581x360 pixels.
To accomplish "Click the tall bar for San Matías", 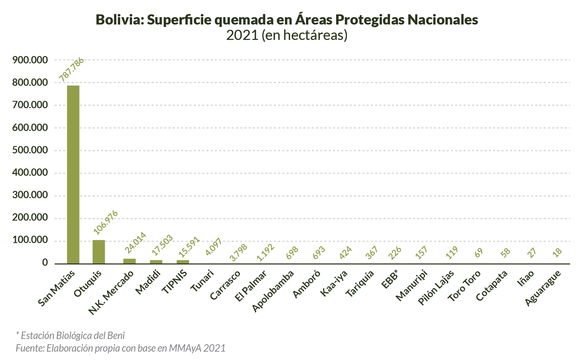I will click(73, 174).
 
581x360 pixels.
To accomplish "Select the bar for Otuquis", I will click(99, 252).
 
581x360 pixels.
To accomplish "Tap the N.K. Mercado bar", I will click(129, 261).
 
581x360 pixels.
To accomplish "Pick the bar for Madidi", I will click(156, 262).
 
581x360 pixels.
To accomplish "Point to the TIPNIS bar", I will click(183, 262).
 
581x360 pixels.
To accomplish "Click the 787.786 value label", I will click(71, 69).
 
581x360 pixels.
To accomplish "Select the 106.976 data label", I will click(105, 222).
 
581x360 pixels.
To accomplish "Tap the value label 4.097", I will click(214, 247).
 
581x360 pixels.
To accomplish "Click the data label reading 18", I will click(557, 252).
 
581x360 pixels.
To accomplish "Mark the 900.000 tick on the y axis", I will click(30, 60).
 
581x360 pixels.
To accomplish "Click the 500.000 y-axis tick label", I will click(30, 150).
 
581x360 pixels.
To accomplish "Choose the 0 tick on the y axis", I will click(45, 263).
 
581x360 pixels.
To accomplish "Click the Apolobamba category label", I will click(273, 291).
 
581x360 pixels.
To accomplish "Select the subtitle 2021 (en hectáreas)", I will click(287, 35).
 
